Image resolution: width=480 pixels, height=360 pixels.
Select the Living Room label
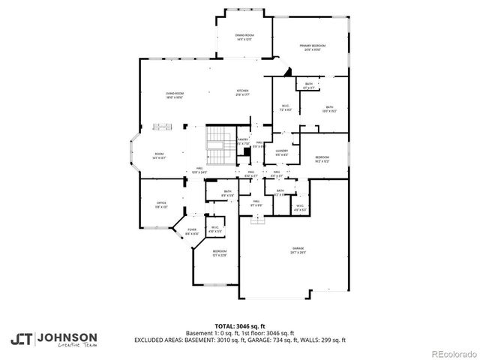(x=175, y=93)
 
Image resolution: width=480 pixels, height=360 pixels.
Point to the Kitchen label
(x=241, y=92)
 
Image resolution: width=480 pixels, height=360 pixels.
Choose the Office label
(x=160, y=203)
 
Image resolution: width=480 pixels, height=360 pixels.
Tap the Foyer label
(x=191, y=230)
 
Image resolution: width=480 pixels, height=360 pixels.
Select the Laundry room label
(x=282, y=151)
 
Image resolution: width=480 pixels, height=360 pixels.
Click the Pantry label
(x=243, y=139)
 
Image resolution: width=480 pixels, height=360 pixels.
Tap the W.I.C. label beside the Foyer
(x=214, y=229)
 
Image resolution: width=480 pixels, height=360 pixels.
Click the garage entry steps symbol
(x=258, y=219)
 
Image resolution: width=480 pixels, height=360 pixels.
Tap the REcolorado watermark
(x=452, y=353)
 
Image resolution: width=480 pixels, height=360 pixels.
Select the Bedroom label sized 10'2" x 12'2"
(x=322, y=158)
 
